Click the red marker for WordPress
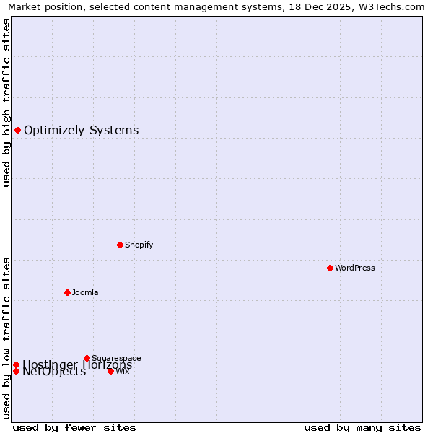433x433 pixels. tap(330, 268)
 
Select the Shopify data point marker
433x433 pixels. tap(120, 245)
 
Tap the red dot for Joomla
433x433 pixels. tap(67, 292)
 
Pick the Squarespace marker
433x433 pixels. tap(87, 358)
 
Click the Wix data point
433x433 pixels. tap(110, 371)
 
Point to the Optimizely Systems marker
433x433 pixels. tap(17, 130)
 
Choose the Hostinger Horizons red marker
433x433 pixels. tap(16, 364)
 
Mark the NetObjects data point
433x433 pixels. tap(16, 371)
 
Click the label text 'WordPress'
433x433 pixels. tap(355, 268)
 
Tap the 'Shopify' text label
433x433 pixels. tap(139, 245)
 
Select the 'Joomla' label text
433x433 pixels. tap(85, 292)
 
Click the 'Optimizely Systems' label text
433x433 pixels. tap(81, 131)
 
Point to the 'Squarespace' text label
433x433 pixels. tap(116, 358)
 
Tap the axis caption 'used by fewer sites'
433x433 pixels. tap(74, 427)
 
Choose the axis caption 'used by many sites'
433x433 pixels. tap(362, 427)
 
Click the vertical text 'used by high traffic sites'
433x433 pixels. tap(6, 102)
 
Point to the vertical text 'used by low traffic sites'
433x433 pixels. tap(6, 337)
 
